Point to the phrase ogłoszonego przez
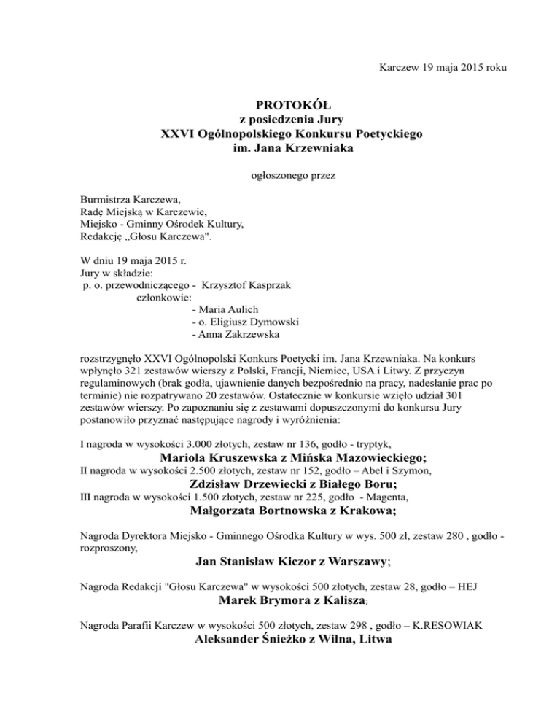281,175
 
